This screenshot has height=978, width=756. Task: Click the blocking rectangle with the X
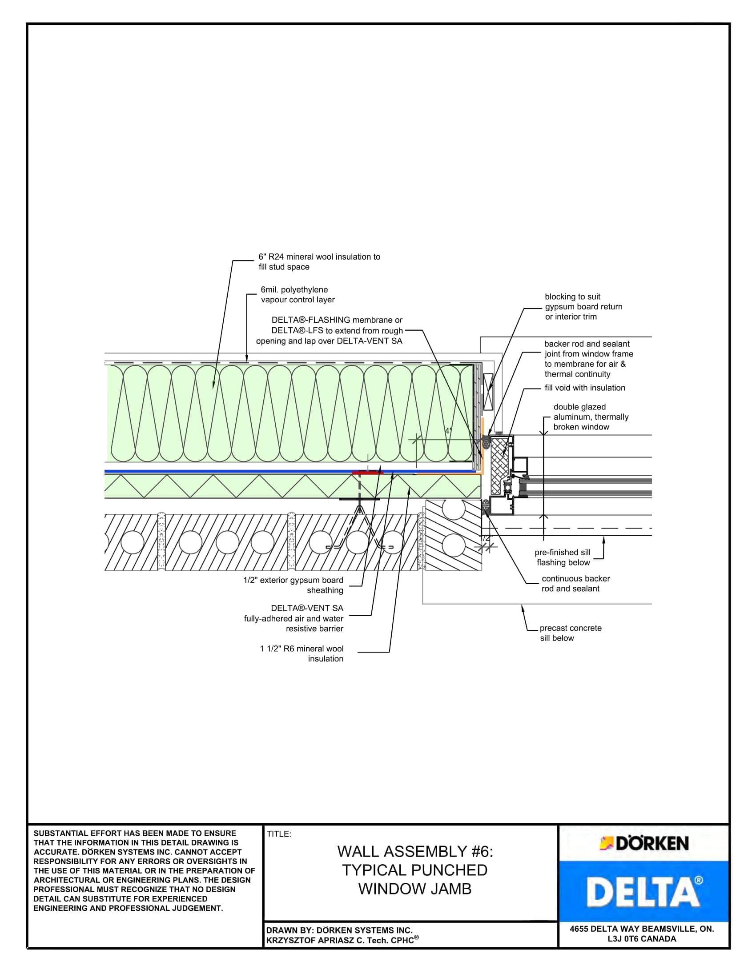[x=488, y=392]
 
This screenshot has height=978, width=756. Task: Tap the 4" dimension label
[x=448, y=431]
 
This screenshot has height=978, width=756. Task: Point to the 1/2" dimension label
[x=486, y=538]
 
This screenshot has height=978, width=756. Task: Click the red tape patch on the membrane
[x=367, y=472]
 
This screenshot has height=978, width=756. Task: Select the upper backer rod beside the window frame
[x=487, y=443]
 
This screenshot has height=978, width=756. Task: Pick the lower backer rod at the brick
[x=486, y=506]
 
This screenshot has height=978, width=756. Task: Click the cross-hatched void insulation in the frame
[x=499, y=466]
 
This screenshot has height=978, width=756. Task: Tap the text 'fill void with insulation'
[x=584, y=388]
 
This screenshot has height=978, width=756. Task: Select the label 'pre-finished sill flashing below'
[x=563, y=557]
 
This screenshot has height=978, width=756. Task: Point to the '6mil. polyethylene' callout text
[x=294, y=290]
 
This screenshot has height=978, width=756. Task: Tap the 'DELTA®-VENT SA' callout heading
[x=307, y=608]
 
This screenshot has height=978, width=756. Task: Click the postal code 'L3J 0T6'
[x=625, y=938]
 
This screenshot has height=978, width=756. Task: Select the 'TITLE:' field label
[x=279, y=834]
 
